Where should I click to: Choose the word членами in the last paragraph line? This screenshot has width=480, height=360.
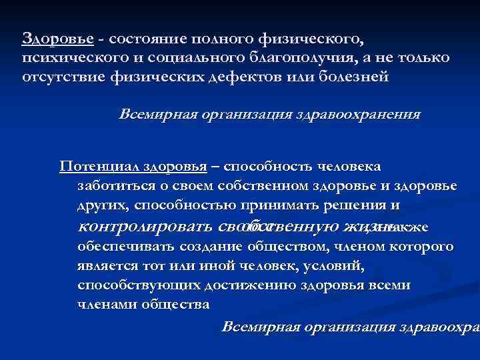tap(103, 305)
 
